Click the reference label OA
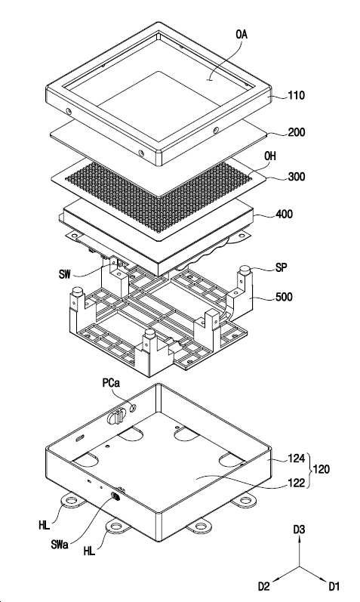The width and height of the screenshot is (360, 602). pos(242,35)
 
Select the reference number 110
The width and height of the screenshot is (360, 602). pos(296,95)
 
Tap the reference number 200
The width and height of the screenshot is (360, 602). pos(297,132)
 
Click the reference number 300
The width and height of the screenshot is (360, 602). pos(297,176)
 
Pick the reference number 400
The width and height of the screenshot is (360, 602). pos(284,214)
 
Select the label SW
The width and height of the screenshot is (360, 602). pos(66,274)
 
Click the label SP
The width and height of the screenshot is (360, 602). pos(281,267)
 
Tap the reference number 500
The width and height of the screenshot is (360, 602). pos(284,297)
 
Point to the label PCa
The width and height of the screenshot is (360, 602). pos(111,383)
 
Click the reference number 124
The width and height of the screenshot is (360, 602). pos(297,458)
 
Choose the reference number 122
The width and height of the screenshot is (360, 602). pos(297,483)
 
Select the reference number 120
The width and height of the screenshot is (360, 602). pos(321,469)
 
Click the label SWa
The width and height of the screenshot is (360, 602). pos(60,544)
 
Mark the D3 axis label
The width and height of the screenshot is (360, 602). pos(300,529)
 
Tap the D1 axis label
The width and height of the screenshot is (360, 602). pos(334,586)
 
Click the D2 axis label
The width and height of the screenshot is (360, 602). pos(264,586)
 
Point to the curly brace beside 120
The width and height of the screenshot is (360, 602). pos(309,470)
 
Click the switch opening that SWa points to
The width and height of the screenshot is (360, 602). pos(115,496)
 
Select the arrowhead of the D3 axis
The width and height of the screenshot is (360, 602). pos(300,539)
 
